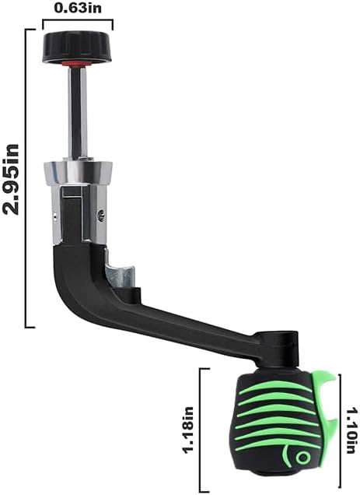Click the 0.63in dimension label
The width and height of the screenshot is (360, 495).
(78, 9)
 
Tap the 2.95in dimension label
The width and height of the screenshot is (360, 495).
(11, 179)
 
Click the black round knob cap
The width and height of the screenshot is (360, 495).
(78, 47)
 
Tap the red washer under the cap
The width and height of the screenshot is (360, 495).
(78, 64)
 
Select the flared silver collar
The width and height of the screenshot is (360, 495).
(78, 173)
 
